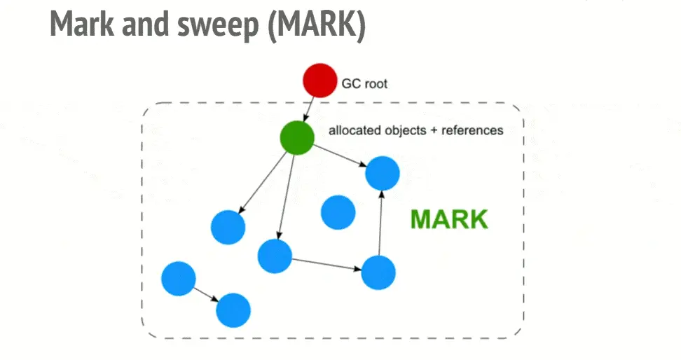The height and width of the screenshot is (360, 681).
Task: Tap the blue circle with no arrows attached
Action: coord(338,212)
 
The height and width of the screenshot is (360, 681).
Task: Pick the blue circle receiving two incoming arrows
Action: coord(382,173)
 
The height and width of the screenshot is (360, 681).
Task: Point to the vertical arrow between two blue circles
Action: coord(380,222)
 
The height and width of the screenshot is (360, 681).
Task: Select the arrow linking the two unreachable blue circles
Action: coord(205,293)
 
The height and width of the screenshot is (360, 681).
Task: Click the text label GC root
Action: coord(364,83)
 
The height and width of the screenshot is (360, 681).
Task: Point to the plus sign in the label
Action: coord(434,130)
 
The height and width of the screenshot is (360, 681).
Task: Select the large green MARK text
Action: coord(448,219)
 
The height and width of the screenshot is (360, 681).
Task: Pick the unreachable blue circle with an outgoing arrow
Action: coord(178,278)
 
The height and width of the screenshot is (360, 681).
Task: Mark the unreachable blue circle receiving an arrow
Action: coord(233,310)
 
